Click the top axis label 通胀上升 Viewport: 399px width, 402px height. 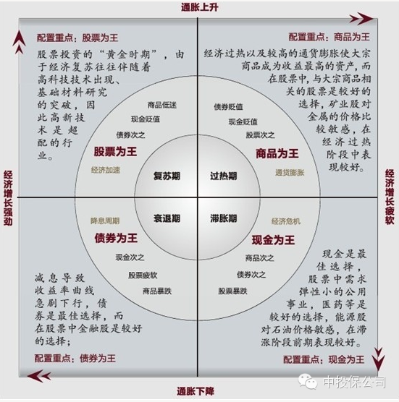[x=200, y=7]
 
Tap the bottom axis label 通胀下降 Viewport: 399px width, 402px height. [x=196, y=391]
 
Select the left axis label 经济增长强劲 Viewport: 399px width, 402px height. [x=8, y=198]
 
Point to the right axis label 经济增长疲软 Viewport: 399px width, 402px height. [x=390, y=197]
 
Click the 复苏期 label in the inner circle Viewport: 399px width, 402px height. [x=167, y=176]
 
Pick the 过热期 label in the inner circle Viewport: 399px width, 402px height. [x=223, y=176]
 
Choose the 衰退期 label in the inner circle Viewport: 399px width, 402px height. [x=167, y=218]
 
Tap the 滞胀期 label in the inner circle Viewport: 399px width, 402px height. [x=223, y=218]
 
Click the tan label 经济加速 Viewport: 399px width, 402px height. [x=106, y=170]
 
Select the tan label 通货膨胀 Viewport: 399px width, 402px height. [x=290, y=173]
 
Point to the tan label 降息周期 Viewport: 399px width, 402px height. [x=105, y=221]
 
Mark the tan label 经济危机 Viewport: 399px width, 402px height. [x=286, y=221]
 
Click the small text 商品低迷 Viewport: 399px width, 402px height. [x=162, y=105]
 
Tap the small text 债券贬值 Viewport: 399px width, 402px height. [x=228, y=107]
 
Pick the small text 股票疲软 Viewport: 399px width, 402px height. [x=143, y=275]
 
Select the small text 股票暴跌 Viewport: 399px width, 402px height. [x=232, y=291]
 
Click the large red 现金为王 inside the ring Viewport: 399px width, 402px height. [x=273, y=240]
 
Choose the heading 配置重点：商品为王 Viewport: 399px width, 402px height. [x=329, y=37]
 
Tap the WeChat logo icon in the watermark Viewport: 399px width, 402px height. [x=308, y=382]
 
